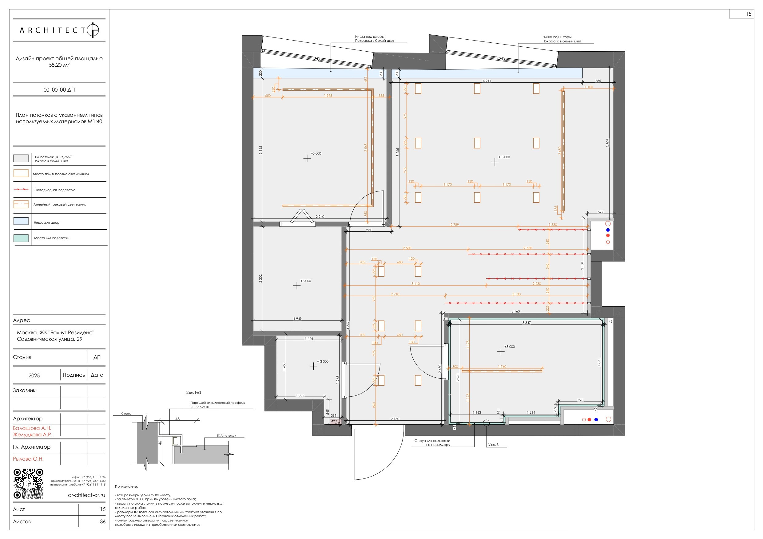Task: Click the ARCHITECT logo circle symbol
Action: click(93, 30)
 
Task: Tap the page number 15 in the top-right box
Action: click(748, 14)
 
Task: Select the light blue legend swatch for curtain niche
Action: click(21, 221)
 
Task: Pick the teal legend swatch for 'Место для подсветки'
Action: click(21, 238)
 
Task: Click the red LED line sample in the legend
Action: click(21, 189)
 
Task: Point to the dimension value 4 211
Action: click(487, 81)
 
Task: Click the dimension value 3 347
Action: click(527, 323)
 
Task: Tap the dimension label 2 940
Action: click(320, 217)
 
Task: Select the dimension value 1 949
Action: click(297, 319)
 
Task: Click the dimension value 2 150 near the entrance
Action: click(395, 419)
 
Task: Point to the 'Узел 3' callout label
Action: click(493, 445)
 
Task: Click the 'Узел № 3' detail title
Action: click(194, 392)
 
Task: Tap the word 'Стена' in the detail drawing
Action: click(126, 413)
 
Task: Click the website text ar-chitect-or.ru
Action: click(86, 495)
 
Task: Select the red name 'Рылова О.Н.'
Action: click(28, 459)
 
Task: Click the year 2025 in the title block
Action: click(34, 376)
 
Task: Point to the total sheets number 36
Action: click(103, 522)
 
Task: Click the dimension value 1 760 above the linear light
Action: click(502, 367)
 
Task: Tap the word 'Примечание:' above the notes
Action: click(126, 486)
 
